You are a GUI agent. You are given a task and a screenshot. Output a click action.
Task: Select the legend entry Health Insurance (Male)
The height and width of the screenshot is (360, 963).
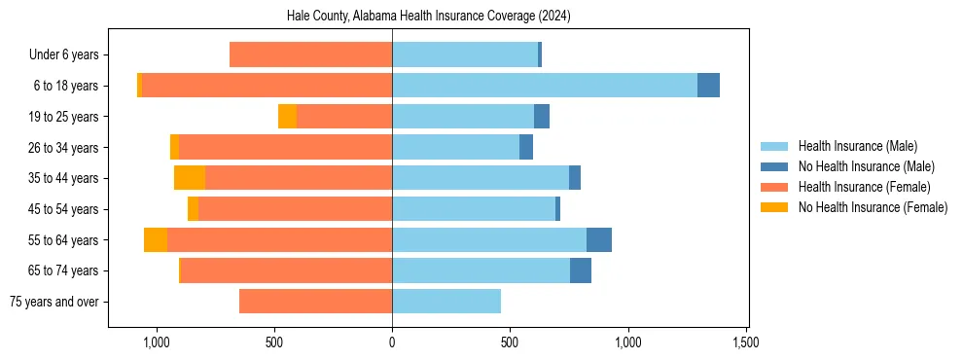coord(857,146)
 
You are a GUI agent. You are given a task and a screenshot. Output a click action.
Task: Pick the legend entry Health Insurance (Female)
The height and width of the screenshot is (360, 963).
coord(864,187)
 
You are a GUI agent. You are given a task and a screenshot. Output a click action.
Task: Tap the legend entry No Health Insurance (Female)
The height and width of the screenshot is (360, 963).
coord(873,207)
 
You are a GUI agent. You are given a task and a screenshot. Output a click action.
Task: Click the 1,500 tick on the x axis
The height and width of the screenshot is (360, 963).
coord(746,342)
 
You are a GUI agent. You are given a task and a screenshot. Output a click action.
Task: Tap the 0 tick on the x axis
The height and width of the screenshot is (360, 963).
coord(392,342)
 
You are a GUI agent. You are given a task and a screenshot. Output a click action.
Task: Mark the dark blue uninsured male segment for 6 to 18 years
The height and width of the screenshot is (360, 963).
coord(708,86)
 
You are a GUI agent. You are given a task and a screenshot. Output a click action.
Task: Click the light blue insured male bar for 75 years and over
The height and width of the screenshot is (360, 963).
coord(446,302)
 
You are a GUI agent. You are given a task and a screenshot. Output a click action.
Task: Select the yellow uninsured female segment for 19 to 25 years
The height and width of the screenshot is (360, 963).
coord(287,117)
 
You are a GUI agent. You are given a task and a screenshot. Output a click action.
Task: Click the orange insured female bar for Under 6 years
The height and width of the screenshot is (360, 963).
coord(310,55)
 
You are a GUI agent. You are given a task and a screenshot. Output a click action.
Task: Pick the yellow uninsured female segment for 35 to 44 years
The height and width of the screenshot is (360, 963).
coord(190,178)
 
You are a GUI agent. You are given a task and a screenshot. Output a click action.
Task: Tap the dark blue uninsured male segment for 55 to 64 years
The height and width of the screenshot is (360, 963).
coord(599,240)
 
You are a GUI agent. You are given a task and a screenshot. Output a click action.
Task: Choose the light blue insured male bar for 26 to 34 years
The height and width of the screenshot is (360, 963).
coord(455,148)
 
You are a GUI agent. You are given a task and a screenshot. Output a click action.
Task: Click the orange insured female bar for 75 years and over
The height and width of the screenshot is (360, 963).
coord(315,302)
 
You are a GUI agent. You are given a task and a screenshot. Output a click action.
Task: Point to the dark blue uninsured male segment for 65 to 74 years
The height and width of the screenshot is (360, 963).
coord(581,270)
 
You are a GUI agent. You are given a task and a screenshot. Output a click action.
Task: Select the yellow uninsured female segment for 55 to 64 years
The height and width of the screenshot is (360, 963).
coord(156,240)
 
